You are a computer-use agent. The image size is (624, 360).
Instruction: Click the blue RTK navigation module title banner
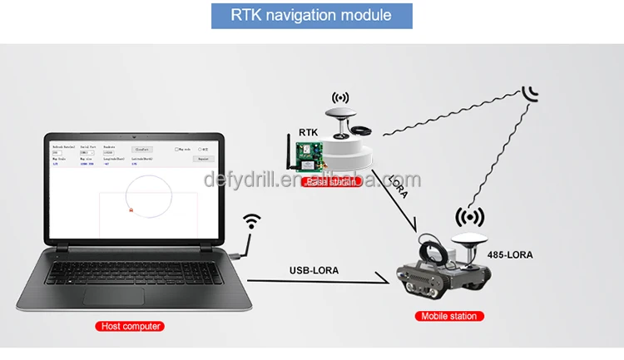coord(312,16)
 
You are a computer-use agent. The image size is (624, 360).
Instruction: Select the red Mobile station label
coord(448,317)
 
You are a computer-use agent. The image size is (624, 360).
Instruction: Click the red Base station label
coord(332,182)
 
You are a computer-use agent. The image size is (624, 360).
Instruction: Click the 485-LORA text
coord(510,254)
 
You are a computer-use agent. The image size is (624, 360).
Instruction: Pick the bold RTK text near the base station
coord(309,132)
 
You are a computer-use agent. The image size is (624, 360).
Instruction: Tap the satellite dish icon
coord(531,93)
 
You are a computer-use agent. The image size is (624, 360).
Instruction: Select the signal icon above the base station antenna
coord(341,99)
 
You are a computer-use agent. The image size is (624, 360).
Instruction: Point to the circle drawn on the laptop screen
coord(149,196)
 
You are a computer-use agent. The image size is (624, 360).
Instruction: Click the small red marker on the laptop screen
coord(131,211)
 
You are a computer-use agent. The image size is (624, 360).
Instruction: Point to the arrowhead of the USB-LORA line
coord(387,282)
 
